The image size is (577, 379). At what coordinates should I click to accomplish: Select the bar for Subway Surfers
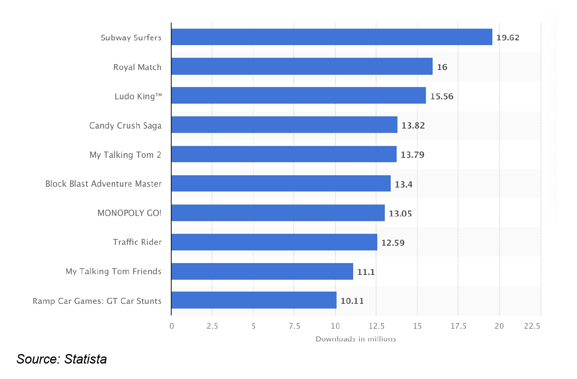tap(332, 37)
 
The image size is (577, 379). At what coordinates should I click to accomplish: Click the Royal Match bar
tap(302, 66)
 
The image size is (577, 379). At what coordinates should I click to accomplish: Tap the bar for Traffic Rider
tap(274, 242)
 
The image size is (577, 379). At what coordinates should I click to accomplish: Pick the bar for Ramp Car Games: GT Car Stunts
tap(254, 300)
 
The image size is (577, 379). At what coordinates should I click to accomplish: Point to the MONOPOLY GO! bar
tap(278, 213)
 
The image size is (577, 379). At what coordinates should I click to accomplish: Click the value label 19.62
tap(508, 38)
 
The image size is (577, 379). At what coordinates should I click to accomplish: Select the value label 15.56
tap(442, 97)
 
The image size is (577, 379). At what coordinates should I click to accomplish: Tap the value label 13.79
tap(412, 155)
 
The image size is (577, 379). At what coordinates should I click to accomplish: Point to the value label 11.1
tap(366, 272)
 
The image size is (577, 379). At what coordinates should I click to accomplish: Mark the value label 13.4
tap(404, 184)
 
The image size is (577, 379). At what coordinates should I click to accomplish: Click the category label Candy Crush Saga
tap(125, 126)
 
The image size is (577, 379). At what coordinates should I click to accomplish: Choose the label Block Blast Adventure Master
tap(104, 184)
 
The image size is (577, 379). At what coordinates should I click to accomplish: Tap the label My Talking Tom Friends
tap(114, 271)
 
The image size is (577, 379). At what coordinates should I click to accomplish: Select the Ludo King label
tap(138, 97)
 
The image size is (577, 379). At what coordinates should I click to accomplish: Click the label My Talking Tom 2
tap(125, 155)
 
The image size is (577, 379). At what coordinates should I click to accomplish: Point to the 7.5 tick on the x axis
tap(294, 326)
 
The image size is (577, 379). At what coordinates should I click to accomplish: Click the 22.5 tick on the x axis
tap(532, 326)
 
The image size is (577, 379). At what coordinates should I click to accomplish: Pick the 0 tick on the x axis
tap(172, 326)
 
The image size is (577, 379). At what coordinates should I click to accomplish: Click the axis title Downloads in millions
tap(356, 339)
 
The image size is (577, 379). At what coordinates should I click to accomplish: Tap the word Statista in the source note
tap(85, 359)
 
